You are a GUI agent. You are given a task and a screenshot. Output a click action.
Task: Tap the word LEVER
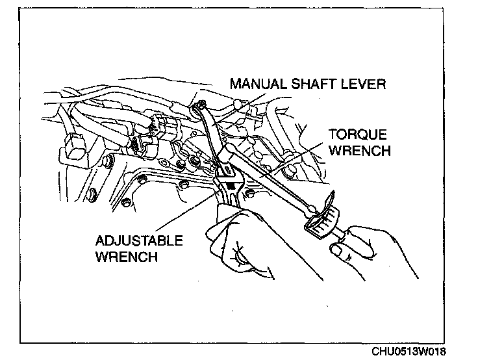tap(365, 84)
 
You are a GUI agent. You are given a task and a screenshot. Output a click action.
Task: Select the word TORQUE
tap(358, 135)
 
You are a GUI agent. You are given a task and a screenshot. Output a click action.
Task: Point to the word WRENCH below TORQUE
tap(359, 151)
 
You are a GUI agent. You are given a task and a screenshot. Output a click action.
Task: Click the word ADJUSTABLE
tap(140, 241)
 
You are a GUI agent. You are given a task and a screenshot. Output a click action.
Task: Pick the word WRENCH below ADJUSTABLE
tap(126, 256)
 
